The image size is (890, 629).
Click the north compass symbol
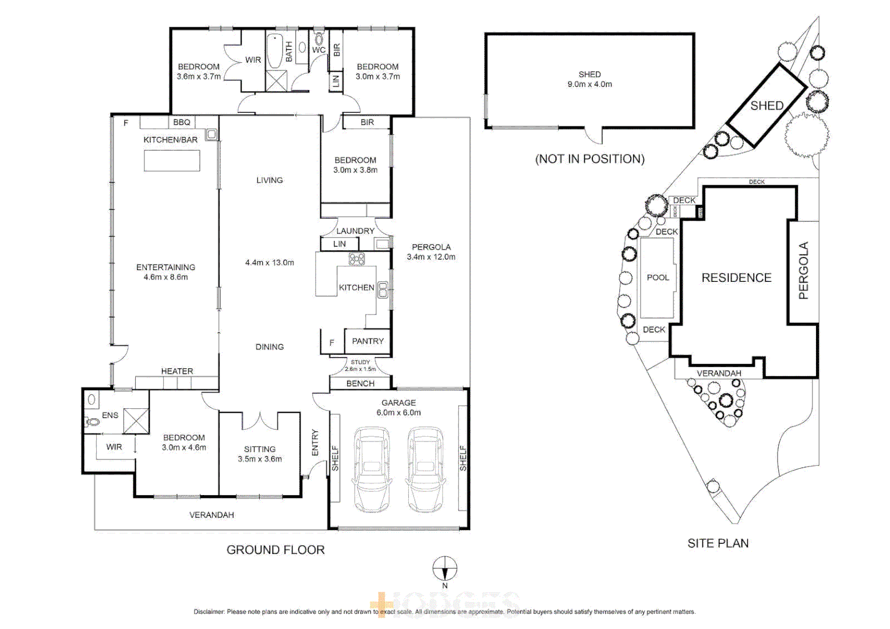tap(444, 568)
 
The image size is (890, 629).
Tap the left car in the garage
tap(370, 469)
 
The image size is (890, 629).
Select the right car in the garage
tap(425, 469)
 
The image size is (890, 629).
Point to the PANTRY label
tap(368, 341)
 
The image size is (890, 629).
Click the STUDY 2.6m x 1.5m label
tap(360, 365)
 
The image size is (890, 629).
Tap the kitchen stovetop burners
tap(356, 259)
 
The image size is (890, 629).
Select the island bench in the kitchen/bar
tap(172, 161)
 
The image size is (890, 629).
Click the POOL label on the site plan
tap(658, 278)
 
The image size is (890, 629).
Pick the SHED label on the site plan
tap(767, 106)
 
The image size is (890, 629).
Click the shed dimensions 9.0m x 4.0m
tap(589, 84)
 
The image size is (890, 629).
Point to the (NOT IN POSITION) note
tap(589, 159)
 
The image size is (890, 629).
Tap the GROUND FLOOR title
tap(276, 550)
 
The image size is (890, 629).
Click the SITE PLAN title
tap(718, 543)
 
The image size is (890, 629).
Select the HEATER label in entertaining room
tap(177, 371)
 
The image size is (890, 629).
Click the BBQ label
tap(182, 122)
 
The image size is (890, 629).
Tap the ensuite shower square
tap(136, 421)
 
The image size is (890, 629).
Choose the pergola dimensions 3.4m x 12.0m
tap(431, 257)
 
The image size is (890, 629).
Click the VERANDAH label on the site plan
tap(719, 373)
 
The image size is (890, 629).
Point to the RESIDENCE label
tap(736, 278)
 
